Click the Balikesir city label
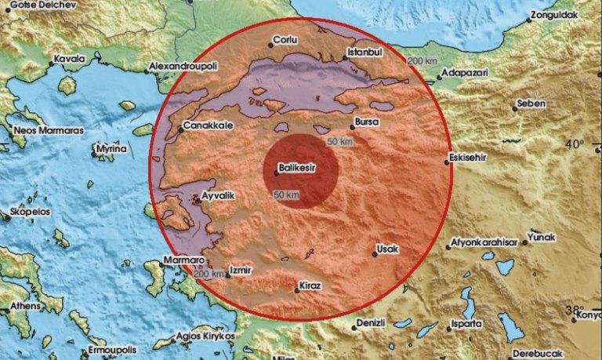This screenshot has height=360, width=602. click(302, 167)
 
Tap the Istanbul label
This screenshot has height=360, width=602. click(364, 51)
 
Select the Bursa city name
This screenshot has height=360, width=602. click(367, 124)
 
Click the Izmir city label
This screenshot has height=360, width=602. click(241, 271)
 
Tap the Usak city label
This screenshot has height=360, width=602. click(388, 249)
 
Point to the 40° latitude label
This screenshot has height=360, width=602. click(575, 144)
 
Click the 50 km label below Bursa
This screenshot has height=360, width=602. click(339, 141)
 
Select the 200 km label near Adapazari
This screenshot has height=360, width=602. click(421, 60)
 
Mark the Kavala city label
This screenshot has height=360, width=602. click(68, 59)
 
